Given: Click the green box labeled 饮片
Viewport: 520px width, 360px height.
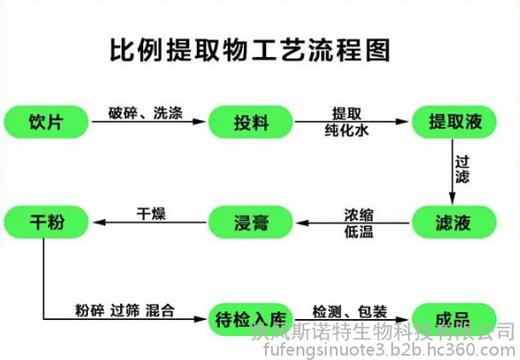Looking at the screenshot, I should tap(46, 122).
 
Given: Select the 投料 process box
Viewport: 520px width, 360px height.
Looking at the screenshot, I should tap(251, 122).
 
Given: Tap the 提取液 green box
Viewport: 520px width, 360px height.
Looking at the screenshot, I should tap(454, 122).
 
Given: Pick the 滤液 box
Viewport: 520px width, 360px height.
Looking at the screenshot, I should tap(454, 224).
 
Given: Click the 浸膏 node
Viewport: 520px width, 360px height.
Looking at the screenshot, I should tap(251, 224).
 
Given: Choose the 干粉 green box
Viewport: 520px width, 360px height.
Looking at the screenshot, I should tap(46, 224).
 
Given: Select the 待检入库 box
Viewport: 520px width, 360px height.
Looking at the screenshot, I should tap(251, 319).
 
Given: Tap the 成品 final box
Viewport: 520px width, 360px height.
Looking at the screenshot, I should tap(454, 319).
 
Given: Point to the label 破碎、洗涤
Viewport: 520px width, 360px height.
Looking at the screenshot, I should tap(145, 113).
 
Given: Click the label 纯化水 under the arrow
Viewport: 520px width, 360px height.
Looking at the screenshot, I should tap(346, 132).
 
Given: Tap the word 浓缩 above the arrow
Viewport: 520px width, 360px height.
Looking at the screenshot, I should tap(358, 213).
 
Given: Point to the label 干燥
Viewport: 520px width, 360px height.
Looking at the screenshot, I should tap(151, 213).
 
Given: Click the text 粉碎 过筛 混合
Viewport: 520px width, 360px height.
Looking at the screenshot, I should tap(124, 310).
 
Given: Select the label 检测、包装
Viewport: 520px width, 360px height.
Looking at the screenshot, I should tap(350, 310).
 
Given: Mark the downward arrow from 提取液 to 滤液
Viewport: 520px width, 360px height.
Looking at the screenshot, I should tap(453, 171).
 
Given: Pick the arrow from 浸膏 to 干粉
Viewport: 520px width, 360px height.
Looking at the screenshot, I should tap(149, 224).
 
